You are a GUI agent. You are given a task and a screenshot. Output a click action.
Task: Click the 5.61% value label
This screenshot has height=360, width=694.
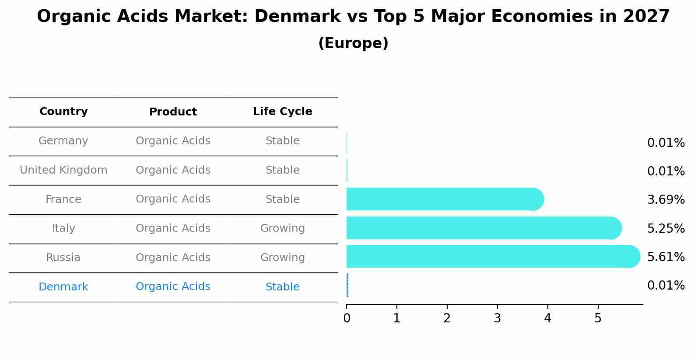666,257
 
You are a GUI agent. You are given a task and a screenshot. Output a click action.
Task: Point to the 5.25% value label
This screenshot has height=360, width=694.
666,229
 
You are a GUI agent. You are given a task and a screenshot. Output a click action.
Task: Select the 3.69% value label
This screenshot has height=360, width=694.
666,200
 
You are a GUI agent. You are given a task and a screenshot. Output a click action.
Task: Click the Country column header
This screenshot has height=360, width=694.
63,112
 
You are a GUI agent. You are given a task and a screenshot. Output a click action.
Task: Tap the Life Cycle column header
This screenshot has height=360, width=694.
282,112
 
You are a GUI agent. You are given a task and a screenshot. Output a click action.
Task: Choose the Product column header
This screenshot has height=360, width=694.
173,112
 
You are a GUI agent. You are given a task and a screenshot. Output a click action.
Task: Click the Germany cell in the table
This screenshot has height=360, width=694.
63,141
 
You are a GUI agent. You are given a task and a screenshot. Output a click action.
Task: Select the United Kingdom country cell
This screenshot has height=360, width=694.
63,170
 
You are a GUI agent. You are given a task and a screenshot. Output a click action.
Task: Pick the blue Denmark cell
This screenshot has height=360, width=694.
63,287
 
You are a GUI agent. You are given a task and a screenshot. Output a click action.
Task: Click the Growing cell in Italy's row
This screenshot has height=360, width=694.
282,228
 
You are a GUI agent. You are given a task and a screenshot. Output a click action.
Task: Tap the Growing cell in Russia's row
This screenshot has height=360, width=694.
282,258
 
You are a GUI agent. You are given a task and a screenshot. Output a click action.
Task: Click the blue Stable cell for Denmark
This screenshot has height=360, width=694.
282,287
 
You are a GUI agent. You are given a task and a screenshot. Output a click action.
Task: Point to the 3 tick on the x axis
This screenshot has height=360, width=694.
497,318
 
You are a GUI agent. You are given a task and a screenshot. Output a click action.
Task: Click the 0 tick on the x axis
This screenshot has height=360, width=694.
347,318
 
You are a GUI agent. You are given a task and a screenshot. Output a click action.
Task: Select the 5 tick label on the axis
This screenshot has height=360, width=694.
598,318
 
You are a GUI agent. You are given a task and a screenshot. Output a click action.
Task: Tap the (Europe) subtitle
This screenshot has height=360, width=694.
353,43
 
